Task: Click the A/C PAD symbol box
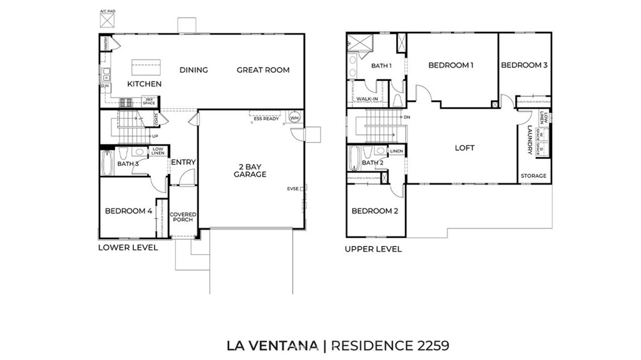[107, 21]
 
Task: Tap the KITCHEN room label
[145, 84]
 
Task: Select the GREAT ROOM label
[263, 70]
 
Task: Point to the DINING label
[193, 70]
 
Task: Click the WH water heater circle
[294, 118]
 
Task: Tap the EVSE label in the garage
[293, 188]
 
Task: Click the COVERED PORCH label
[183, 217]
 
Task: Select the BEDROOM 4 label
[128, 211]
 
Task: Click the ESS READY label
[266, 118]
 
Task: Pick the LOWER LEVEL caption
[128, 247]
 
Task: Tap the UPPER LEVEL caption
[373, 249]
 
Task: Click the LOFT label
[464, 148]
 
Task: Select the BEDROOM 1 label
[451, 65]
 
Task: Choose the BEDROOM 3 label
[524, 65]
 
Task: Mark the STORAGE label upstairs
[534, 176]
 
